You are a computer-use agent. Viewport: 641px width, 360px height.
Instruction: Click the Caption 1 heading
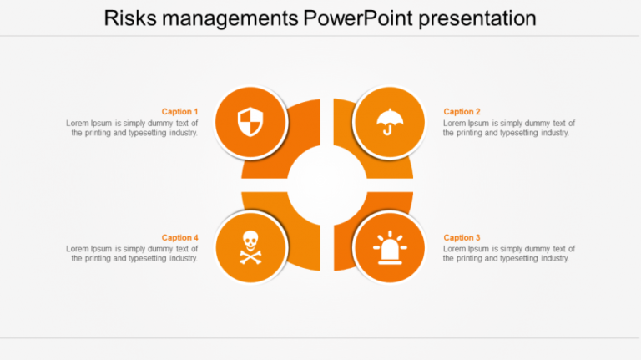[x=179, y=112]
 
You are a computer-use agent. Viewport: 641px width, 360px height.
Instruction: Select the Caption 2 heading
[x=462, y=112]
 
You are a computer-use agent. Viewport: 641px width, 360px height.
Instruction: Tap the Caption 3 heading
[x=462, y=238]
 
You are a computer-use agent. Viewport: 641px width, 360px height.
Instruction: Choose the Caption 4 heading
[x=179, y=238]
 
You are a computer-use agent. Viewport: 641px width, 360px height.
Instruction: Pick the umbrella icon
[x=389, y=122]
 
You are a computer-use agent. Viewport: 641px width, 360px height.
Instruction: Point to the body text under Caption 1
[x=133, y=128]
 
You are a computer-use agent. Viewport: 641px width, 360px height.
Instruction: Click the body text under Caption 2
[x=508, y=128]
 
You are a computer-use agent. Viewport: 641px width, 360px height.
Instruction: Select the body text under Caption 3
[x=508, y=254]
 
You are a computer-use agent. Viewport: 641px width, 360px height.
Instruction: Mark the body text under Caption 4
[x=133, y=254]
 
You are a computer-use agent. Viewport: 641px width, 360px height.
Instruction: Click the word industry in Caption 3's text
[x=552, y=259]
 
